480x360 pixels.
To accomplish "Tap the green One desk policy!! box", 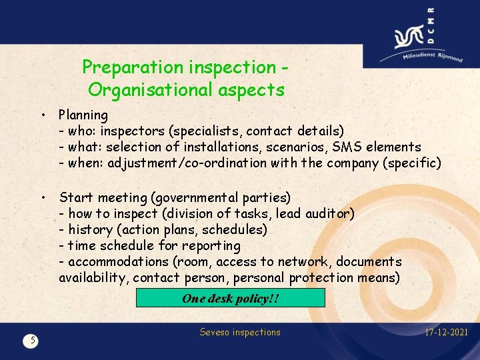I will click(x=230, y=298).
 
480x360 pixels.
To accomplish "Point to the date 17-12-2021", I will click(x=446, y=332).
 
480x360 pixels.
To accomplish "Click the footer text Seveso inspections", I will click(x=240, y=332).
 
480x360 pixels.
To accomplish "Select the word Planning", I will click(x=83, y=115).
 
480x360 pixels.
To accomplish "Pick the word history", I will click(x=92, y=229).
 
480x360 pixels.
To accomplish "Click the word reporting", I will click(x=211, y=245).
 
